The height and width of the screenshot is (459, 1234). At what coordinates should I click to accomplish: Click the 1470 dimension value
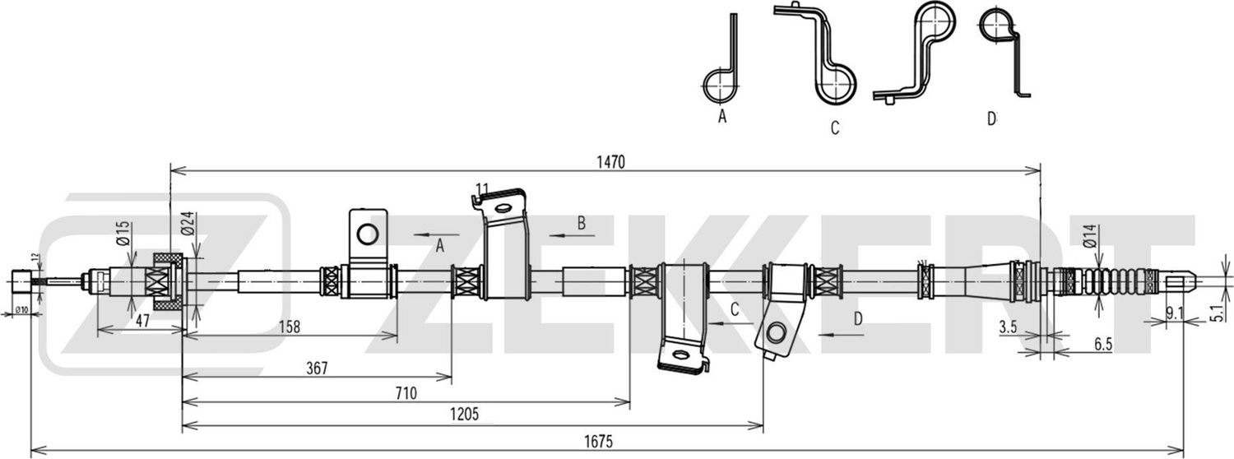point(612,163)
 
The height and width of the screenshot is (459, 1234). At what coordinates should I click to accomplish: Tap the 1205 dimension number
point(463,414)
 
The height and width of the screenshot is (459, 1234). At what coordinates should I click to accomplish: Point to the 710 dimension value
point(405,392)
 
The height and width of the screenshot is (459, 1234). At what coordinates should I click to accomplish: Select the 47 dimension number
point(141,322)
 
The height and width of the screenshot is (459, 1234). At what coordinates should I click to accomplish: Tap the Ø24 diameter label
point(187,223)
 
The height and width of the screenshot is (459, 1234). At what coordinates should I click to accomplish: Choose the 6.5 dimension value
point(1104,346)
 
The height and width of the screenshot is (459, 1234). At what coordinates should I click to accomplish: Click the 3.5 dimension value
point(1008,327)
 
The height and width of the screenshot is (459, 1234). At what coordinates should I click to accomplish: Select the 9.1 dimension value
point(1175,312)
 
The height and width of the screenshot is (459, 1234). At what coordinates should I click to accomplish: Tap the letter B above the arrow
point(581,222)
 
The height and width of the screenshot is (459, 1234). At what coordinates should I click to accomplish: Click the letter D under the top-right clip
point(991,119)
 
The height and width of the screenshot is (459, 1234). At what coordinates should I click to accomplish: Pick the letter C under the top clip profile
point(834,128)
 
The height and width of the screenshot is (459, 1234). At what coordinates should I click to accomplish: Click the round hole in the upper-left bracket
point(367,234)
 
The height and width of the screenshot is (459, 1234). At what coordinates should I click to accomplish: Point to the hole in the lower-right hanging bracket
point(775,332)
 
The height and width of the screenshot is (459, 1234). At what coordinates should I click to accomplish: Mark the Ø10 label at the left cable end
point(21,309)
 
